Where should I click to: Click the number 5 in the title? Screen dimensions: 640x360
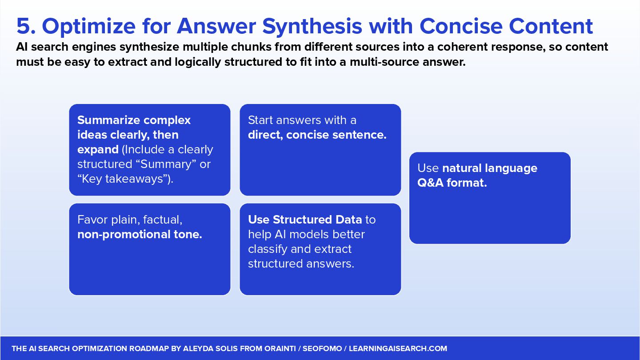(24, 26)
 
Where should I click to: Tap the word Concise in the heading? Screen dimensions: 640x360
(461, 26)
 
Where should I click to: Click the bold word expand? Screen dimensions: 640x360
(98, 150)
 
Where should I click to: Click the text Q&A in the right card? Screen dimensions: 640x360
(430, 183)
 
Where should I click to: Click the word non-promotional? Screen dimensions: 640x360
(124, 235)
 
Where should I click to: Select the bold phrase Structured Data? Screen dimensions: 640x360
(317, 220)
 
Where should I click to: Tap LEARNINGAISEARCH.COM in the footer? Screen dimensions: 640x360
(398, 348)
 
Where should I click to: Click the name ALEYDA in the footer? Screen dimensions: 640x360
(196, 348)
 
